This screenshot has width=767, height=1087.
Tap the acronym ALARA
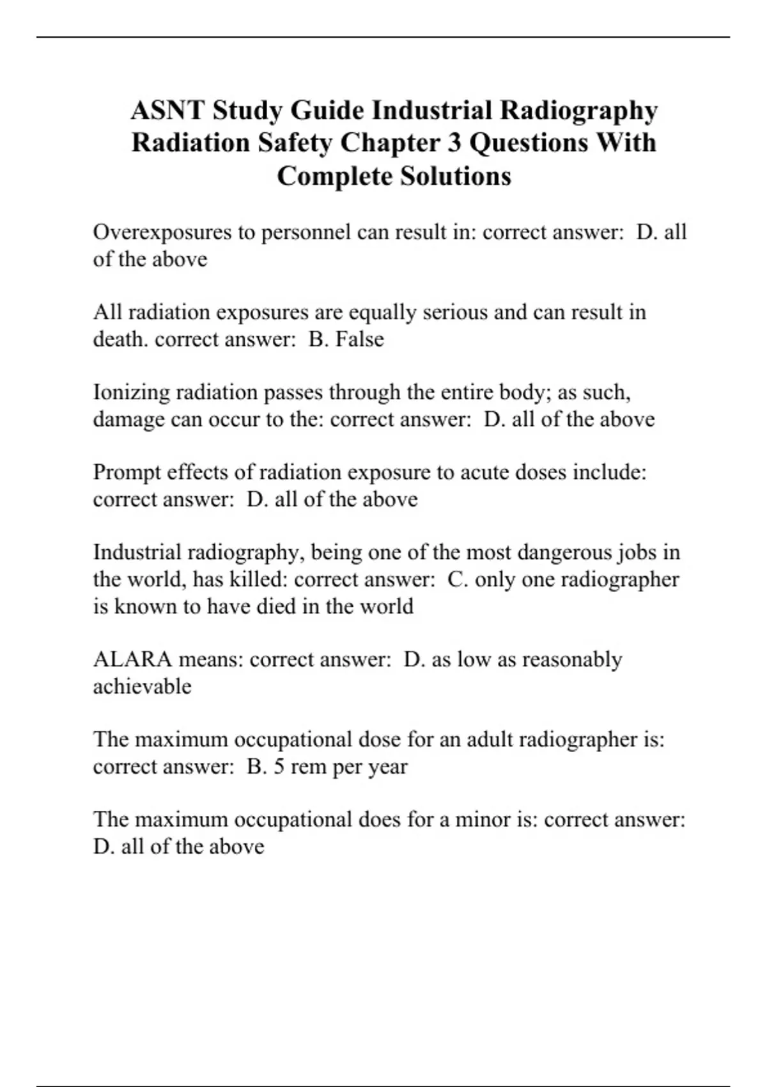pos(132,659)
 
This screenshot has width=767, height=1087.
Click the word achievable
pos(142,686)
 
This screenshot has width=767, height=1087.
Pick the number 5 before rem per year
pos(279,766)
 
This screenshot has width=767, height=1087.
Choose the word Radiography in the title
pos(578,111)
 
